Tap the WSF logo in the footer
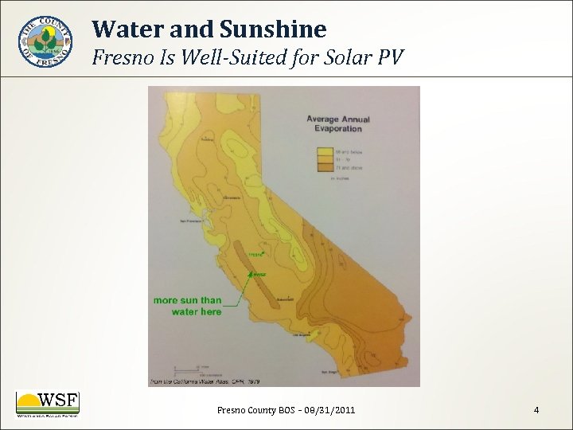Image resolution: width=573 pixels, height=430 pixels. point(47,404)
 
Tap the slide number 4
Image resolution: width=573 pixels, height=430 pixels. point(536,410)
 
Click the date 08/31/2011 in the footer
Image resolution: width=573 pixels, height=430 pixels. point(329,410)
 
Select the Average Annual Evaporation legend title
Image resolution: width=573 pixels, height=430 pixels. point(338,124)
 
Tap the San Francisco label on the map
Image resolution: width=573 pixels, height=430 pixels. point(194,221)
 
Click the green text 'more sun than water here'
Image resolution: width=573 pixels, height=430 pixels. point(188,306)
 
